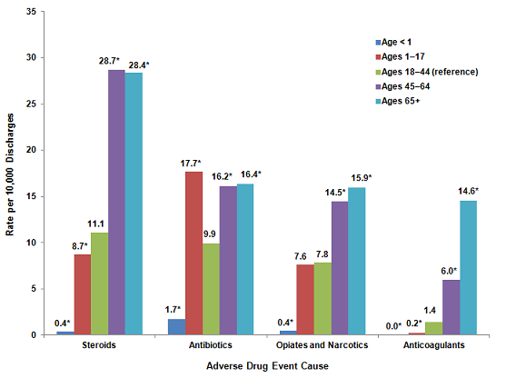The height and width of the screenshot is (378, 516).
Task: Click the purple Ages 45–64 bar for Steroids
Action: [x=116, y=202]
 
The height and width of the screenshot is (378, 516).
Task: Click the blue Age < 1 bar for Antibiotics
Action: [x=176, y=326]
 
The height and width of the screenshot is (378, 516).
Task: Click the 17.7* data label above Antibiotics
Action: [x=192, y=163]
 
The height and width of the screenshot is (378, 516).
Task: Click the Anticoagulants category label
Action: [x=423, y=346]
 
